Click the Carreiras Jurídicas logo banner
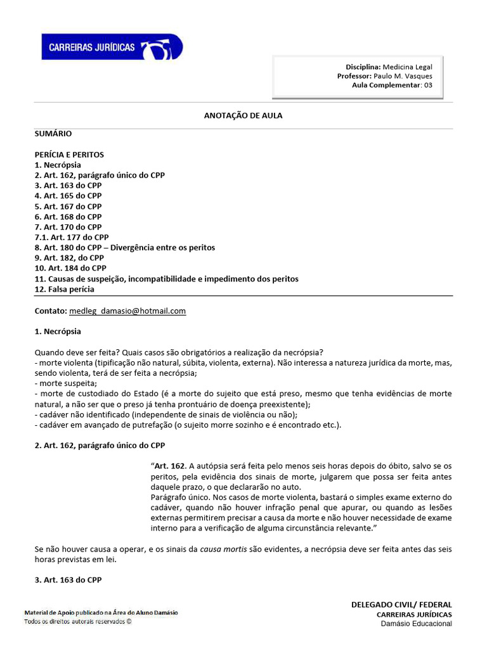[112, 48]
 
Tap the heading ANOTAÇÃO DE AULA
[243, 116]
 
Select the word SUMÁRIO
[53, 134]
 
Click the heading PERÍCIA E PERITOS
[69, 155]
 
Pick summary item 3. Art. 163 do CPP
[68, 186]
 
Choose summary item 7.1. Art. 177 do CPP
[72, 238]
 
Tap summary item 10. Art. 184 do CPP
[70, 269]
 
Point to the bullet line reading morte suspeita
[64, 383]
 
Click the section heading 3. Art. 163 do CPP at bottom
[68, 579]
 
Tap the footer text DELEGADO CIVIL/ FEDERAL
[401, 605]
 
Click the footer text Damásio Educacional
[416, 624]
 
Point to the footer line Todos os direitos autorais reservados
[78, 622]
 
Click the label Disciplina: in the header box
[363, 67]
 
